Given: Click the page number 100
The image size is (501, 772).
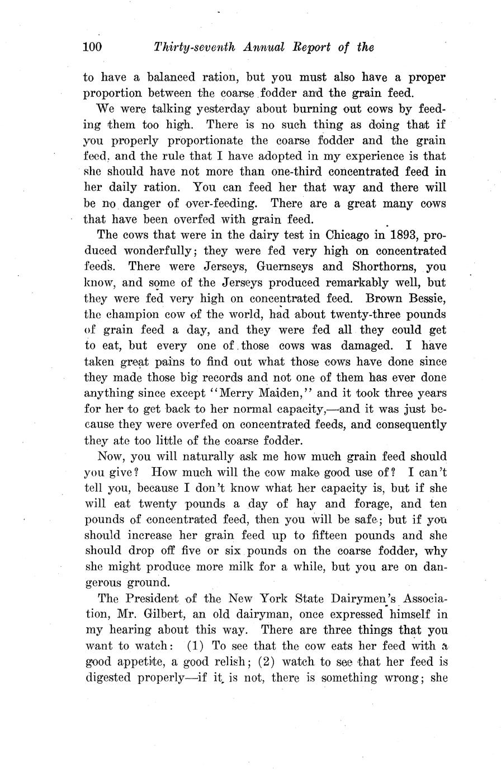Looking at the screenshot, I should [x=92, y=47].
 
